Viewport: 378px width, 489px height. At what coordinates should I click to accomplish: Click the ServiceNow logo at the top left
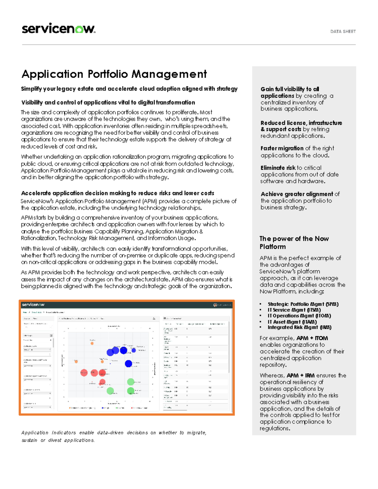[x=58, y=29]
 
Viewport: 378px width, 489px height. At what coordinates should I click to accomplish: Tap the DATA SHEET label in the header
[x=343, y=31]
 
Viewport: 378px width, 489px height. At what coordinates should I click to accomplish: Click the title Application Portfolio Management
[x=114, y=74]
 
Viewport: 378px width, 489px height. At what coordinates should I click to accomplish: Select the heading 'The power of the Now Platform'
[x=294, y=242]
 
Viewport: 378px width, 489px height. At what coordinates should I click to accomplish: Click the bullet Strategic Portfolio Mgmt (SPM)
[x=303, y=304]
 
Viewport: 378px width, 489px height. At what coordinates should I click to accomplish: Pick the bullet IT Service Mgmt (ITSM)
[x=294, y=310]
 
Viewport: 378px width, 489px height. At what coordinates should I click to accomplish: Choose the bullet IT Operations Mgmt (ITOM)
[x=299, y=316]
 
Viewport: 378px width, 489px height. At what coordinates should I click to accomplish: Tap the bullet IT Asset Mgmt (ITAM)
[x=292, y=322]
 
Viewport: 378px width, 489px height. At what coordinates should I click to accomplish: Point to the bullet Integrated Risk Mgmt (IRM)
[x=299, y=327]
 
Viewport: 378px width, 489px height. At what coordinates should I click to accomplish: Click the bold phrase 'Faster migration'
[x=282, y=148]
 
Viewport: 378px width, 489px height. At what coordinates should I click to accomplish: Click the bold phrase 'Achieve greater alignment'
[x=296, y=194]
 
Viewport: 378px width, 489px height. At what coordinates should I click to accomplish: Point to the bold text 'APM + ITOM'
[x=312, y=338]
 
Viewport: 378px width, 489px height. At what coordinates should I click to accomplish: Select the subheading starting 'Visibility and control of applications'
[x=108, y=102]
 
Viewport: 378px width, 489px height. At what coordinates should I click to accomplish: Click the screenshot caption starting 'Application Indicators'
[x=113, y=436]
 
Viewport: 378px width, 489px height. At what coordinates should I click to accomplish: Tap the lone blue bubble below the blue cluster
[x=128, y=364]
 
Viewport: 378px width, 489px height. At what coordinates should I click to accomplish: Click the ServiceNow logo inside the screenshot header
[x=33, y=304]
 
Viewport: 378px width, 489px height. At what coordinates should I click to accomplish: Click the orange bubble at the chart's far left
[x=76, y=361]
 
